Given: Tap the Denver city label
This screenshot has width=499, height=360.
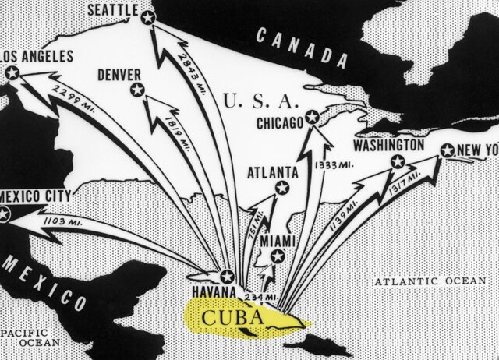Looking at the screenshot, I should [x=119, y=75].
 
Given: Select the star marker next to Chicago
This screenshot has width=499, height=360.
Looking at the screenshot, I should [x=311, y=117].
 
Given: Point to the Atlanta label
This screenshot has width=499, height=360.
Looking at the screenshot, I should [x=271, y=171].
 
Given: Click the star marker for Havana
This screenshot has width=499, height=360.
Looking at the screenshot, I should [x=227, y=275].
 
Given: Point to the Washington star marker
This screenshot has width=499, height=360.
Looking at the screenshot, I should [x=398, y=162].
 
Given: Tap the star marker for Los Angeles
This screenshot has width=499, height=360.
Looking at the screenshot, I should [x=12, y=73].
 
